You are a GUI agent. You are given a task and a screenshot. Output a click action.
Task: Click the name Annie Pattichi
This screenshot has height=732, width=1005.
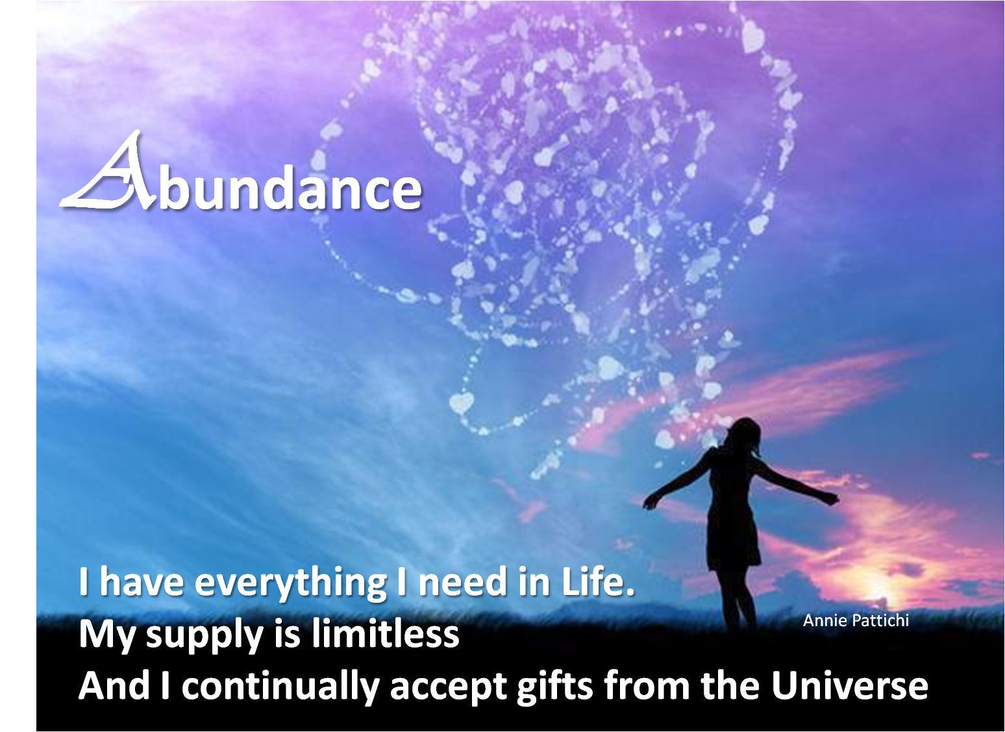pyautogui.click(x=856, y=620)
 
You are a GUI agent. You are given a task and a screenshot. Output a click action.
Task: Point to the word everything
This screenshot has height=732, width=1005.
pyautogui.click(x=291, y=582)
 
